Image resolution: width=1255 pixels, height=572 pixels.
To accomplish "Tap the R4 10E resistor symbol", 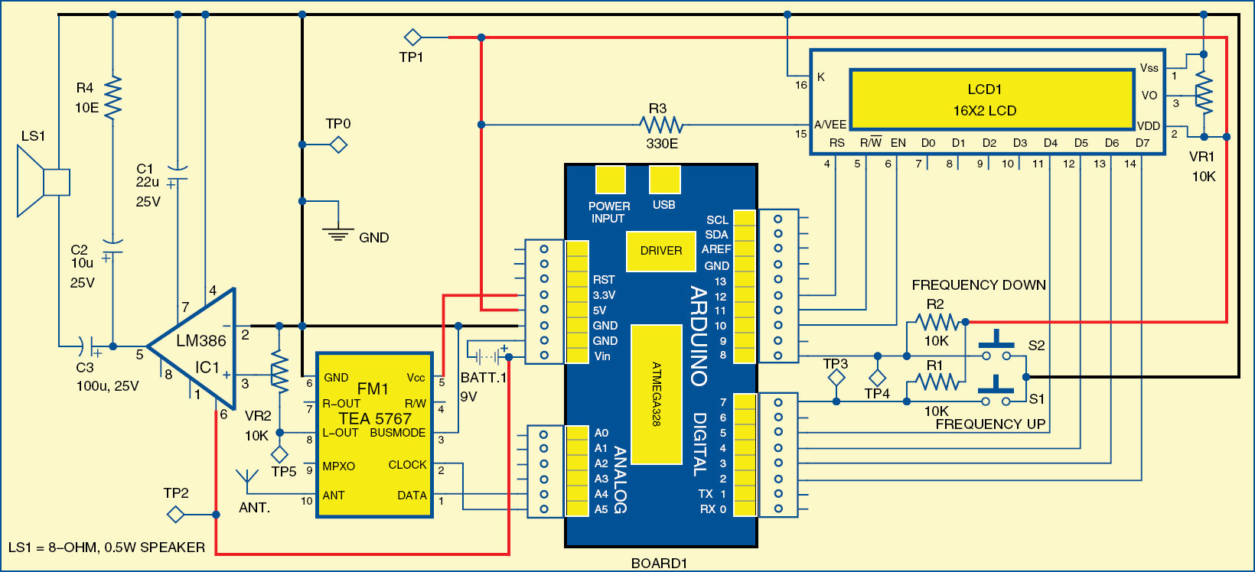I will pyautogui.click(x=112, y=96).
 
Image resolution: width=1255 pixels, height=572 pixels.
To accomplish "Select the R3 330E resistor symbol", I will pyautogui.click(x=661, y=124).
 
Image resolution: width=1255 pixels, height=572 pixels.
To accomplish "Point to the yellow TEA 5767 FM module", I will pyautogui.click(x=375, y=434).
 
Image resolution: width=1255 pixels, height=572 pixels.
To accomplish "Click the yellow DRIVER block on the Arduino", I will pyautogui.click(x=660, y=251).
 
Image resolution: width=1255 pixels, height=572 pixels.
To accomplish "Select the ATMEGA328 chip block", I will pyautogui.click(x=657, y=394).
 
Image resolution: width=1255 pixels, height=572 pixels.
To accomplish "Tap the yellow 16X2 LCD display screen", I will pyautogui.click(x=992, y=99).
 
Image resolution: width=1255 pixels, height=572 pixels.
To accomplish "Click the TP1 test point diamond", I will pyautogui.click(x=412, y=37).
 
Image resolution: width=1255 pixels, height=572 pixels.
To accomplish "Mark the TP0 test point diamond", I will pyautogui.click(x=338, y=145).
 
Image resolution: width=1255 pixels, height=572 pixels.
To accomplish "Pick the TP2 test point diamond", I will pyautogui.click(x=176, y=515).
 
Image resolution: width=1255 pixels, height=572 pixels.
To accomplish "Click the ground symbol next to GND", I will pyautogui.click(x=337, y=232).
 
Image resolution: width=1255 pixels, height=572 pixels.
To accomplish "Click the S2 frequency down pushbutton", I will pyautogui.click(x=996, y=347).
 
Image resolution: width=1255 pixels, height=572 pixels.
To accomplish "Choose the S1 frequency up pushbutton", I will pyautogui.click(x=996, y=392).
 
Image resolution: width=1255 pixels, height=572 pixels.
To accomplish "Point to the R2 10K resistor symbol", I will pyautogui.click(x=936, y=322).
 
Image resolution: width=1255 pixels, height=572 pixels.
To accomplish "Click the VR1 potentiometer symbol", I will pyautogui.click(x=1204, y=95).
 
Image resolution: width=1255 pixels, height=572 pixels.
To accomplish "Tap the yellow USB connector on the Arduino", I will pyautogui.click(x=664, y=180).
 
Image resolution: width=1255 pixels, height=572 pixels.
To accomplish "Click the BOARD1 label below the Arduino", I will pyautogui.click(x=659, y=564).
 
